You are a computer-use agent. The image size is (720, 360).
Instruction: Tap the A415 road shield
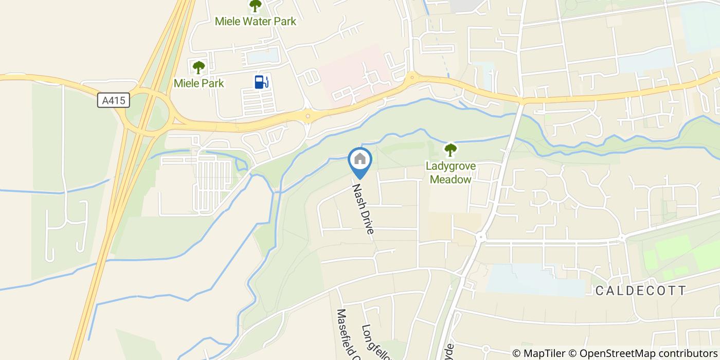click(x=113, y=100)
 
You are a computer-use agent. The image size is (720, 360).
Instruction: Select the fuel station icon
click(x=261, y=82)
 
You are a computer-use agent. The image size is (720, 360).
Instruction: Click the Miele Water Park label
click(x=256, y=22)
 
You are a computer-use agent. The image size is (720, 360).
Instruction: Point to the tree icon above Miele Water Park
click(x=255, y=6)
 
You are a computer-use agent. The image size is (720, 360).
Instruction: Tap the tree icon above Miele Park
click(x=199, y=67)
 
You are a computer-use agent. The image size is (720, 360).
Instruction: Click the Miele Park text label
click(x=199, y=83)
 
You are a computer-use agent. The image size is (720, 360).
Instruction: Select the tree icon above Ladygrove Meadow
click(x=451, y=150)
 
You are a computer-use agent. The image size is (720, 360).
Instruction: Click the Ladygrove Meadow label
click(x=451, y=173)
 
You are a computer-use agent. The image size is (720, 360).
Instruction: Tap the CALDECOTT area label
click(x=641, y=291)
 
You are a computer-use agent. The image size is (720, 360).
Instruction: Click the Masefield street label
click(x=346, y=334)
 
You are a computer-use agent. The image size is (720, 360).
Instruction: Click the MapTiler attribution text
click(x=538, y=353)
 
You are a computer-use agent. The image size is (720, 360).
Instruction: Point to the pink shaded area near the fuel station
click(x=355, y=72)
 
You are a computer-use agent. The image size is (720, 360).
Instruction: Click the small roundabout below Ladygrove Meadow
click(x=481, y=237)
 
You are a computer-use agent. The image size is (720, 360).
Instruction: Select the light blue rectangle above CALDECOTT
click(x=535, y=280)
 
